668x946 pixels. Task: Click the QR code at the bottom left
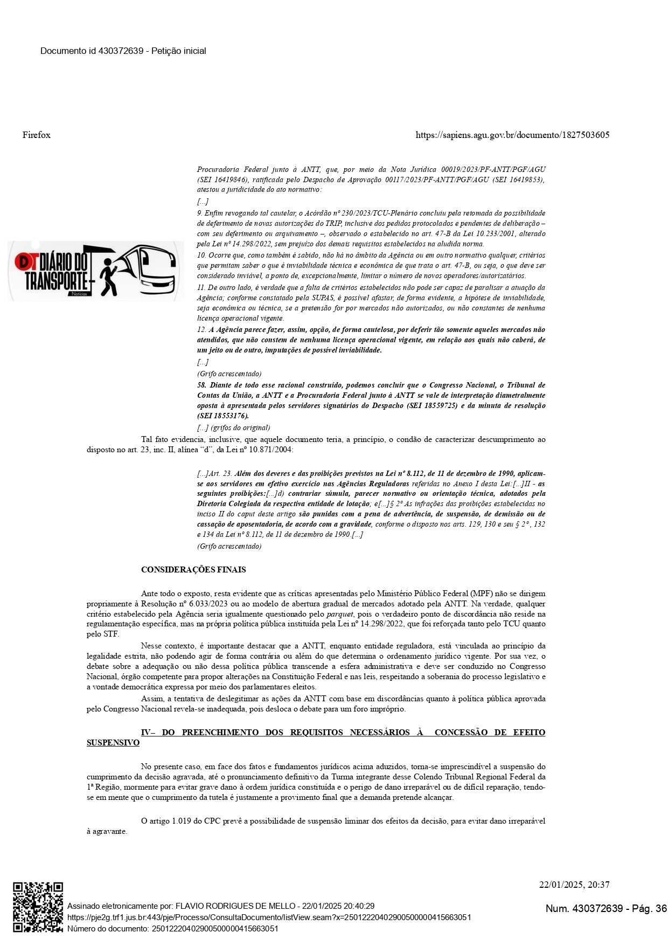[38, 907]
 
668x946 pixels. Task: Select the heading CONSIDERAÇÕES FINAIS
[193, 570]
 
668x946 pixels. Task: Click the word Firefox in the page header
[37, 135]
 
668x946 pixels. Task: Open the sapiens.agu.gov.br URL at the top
[512, 135]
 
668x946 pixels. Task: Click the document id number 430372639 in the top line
[121, 51]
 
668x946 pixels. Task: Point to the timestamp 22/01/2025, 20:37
[574, 885]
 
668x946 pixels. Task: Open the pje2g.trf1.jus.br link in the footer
[269, 917]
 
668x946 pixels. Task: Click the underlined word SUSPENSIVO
[113, 743]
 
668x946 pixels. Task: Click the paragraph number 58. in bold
[202, 385]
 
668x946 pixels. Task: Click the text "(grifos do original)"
[240, 428]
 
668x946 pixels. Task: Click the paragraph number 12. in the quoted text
[201, 330]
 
